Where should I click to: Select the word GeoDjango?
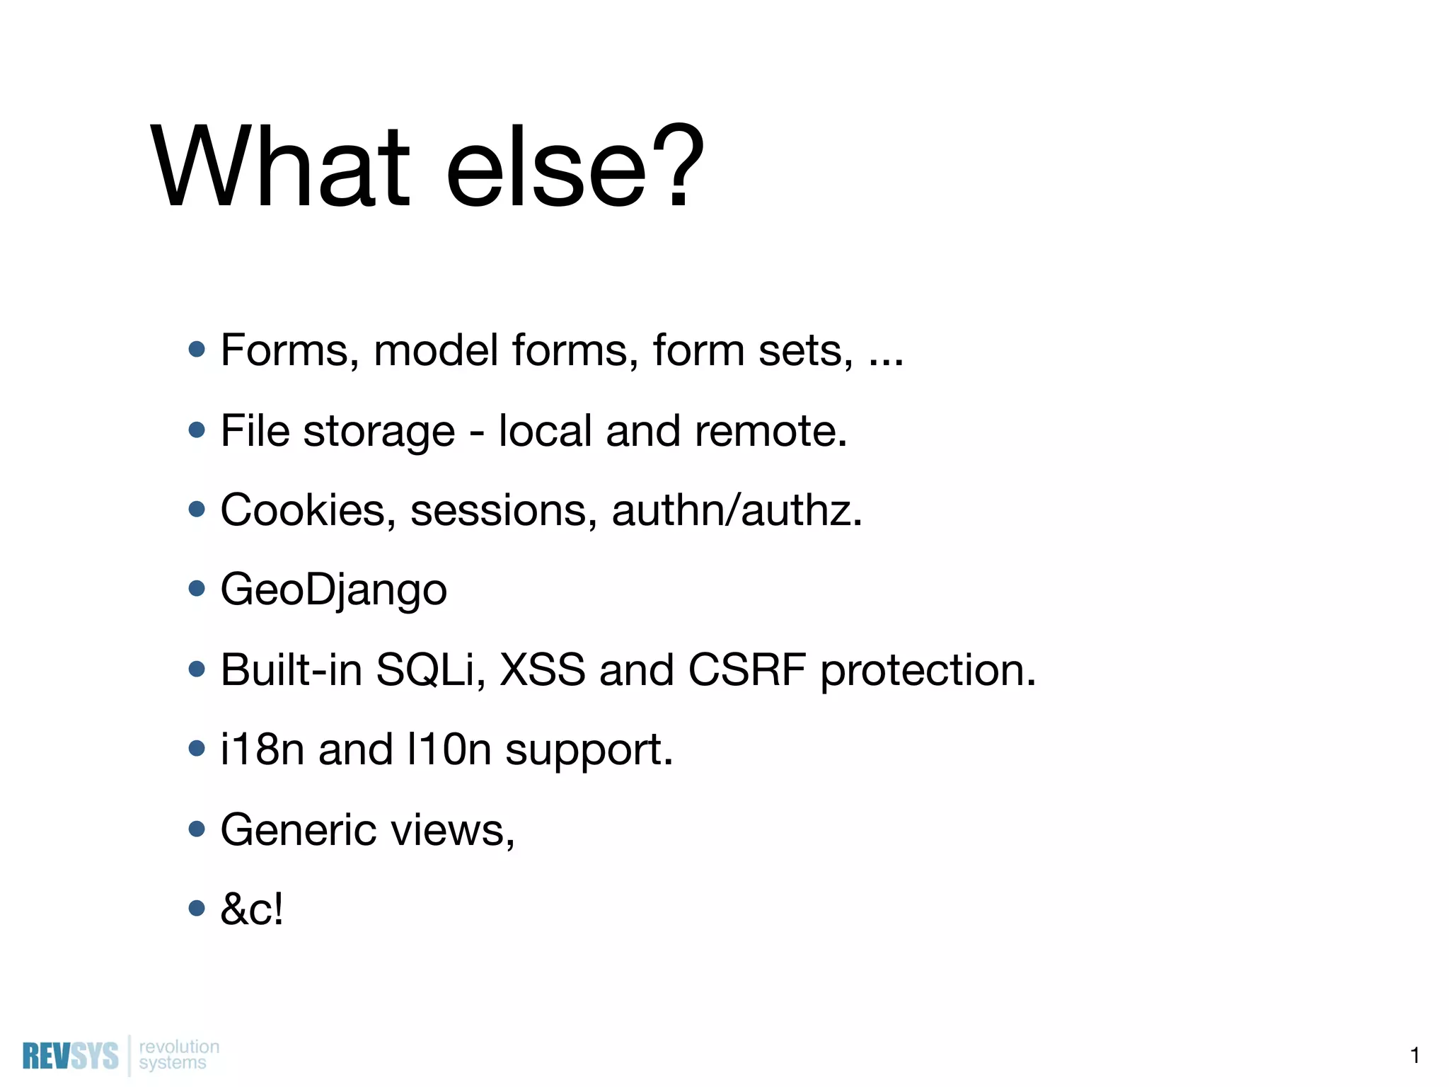pyautogui.click(x=333, y=589)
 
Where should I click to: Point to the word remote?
pyautogui.click(x=770, y=430)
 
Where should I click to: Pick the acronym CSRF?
pyautogui.click(x=746, y=669)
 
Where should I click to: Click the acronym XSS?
pyautogui.click(x=543, y=669)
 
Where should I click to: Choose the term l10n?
pyautogui.click(x=449, y=749)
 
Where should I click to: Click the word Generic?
pyautogui.click(x=298, y=829)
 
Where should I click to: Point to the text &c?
pyautogui.click(x=252, y=909)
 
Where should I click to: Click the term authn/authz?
pyautogui.click(x=737, y=510)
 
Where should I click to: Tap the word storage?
pyautogui.click(x=379, y=432)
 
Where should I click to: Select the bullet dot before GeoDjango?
pyautogui.click(x=197, y=589)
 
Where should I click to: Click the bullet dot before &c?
pyautogui.click(x=197, y=908)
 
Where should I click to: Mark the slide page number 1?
pyautogui.click(x=1414, y=1055)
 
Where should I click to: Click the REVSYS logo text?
pyautogui.click(x=70, y=1056)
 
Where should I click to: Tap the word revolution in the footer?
pyautogui.click(x=179, y=1046)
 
